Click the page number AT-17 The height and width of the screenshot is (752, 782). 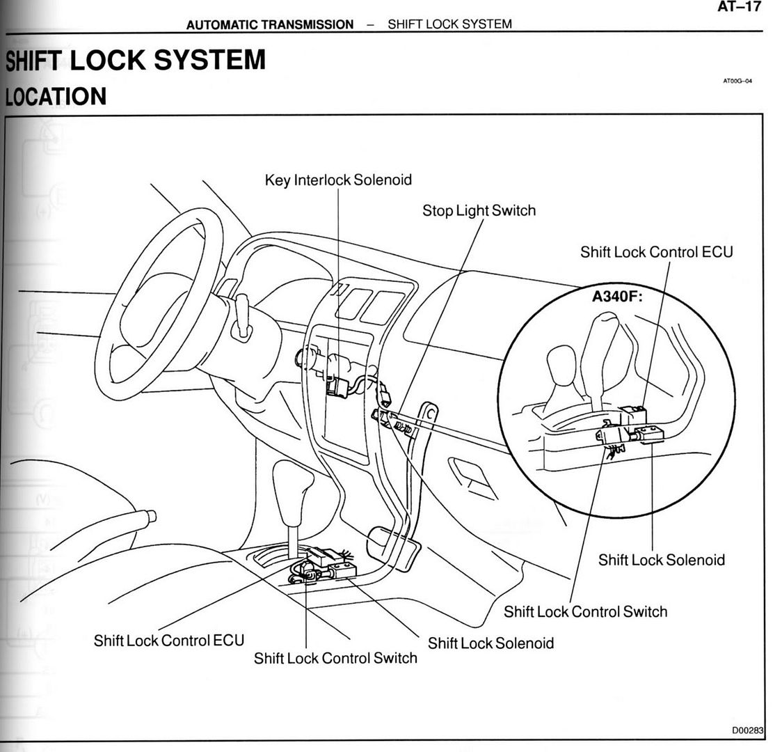click(739, 8)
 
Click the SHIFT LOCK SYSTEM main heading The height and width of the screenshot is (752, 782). click(136, 61)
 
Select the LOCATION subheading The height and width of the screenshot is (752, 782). click(56, 97)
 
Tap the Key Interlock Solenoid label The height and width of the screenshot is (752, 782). click(338, 180)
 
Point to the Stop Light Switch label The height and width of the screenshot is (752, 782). click(479, 210)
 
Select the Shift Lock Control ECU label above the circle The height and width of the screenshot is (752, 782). click(656, 251)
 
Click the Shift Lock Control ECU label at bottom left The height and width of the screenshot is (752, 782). click(169, 640)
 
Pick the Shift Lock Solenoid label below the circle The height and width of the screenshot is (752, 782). click(661, 560)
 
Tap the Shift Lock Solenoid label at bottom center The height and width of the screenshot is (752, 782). click(490, 643)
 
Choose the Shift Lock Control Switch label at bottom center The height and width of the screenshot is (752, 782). click(335, 658)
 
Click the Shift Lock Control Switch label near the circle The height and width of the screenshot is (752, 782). click(585, 611)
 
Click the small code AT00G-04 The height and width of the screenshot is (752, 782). click(737, 81)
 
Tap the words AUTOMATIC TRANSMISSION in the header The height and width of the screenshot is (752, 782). click(270, 24)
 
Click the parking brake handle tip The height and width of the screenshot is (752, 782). click(148, 517)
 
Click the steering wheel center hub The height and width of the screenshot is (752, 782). click(157, 313)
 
